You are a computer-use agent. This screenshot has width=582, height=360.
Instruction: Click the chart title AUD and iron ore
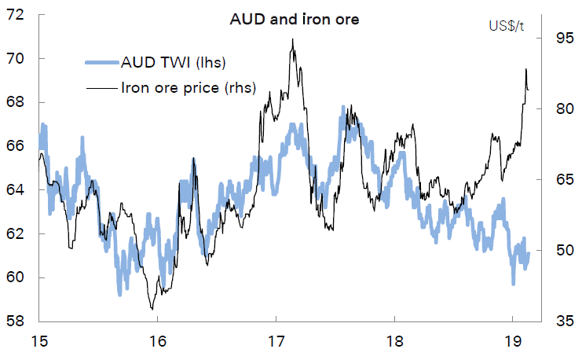pyautogui.click(x=294, y=20)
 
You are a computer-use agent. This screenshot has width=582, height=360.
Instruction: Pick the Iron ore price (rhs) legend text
pyautogui.click(x=188, y=87)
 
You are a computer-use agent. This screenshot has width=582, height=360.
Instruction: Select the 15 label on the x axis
pyautogui.click(x=38, y=342)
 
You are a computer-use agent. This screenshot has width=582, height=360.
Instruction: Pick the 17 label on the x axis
pyautogui.click(x=276, y=342)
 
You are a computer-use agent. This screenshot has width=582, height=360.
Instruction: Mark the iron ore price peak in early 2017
pyautogui.click(x=292, y=39)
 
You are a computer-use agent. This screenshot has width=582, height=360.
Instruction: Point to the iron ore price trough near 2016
pyautogui.click(x=152, y=309)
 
